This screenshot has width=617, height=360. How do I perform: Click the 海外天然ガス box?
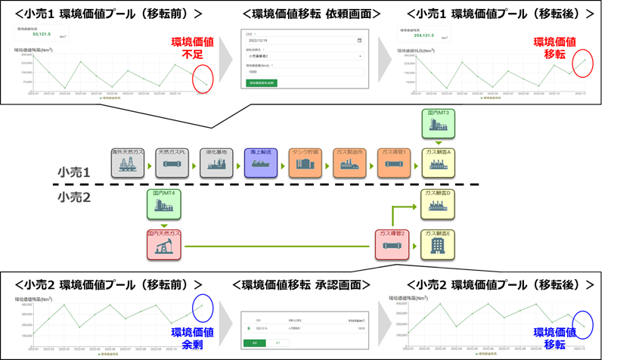pyautogui.click(x=128, y=163)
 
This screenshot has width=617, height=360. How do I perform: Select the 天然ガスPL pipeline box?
pyautogui.click(x=172, y=163)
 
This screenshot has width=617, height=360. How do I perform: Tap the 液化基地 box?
pyautogui.click(x=217, y=163)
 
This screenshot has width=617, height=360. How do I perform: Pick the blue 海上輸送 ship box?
pyautogui.click(x=261, y=163)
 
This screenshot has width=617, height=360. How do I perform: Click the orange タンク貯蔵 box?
pyautogui.click(x=305, y=163)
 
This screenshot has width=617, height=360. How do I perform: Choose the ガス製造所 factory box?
pyautogui.click(x=349, y=163)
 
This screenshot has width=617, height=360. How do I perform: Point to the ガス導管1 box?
pyautogui.click(x=394, y=163)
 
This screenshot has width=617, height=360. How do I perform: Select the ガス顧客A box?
pyautogui.click(x=439, y=163)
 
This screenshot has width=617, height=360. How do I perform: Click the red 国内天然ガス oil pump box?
pyautogui.click(x=164, y=245)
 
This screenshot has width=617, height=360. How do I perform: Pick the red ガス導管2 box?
pyautogui.click(x=392, y=245)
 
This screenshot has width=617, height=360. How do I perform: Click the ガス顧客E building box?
pyautogui.click(x=439, y=245)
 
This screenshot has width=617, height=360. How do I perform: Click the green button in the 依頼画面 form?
pyautogui.click(x=262, y=83)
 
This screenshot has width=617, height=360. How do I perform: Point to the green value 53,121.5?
pyautogui.click(x=42, y=34)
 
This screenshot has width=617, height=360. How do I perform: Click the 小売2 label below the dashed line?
pyautogui.click(x=74, y=198)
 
